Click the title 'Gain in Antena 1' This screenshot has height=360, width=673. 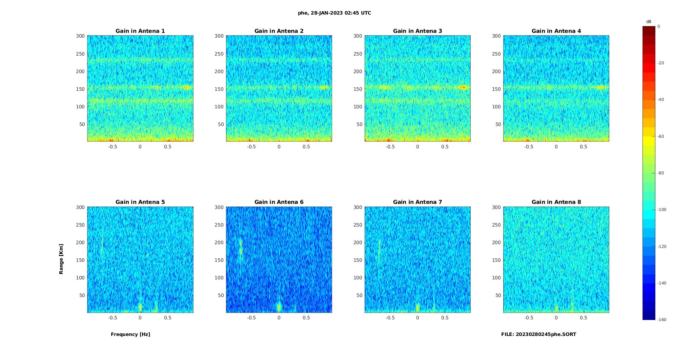[140, 31]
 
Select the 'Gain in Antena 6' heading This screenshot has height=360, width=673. [279, 202]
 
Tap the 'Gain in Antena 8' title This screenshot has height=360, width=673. [556, 202]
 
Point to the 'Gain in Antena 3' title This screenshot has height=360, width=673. [417, 31]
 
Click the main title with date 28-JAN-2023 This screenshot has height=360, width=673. [334, 13]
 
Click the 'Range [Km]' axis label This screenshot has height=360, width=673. [61, 259]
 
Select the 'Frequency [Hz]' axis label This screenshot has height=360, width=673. [130, 334]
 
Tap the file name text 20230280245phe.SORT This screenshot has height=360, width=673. [538, 334]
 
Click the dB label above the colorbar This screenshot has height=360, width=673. [649, 22]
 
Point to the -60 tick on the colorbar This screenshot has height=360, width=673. [660, 136]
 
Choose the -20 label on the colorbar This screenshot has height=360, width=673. [660, 63]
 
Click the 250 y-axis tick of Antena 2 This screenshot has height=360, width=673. [219, 54]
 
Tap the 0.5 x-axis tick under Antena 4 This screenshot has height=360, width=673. [583, 147]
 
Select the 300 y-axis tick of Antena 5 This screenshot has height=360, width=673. [80, 207]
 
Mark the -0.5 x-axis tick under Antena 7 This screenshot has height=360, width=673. [390, 318]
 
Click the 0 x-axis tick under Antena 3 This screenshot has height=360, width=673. [417, 147]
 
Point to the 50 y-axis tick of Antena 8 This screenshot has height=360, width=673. [498, 295]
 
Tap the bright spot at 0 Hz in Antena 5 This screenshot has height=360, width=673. [140, 307]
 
